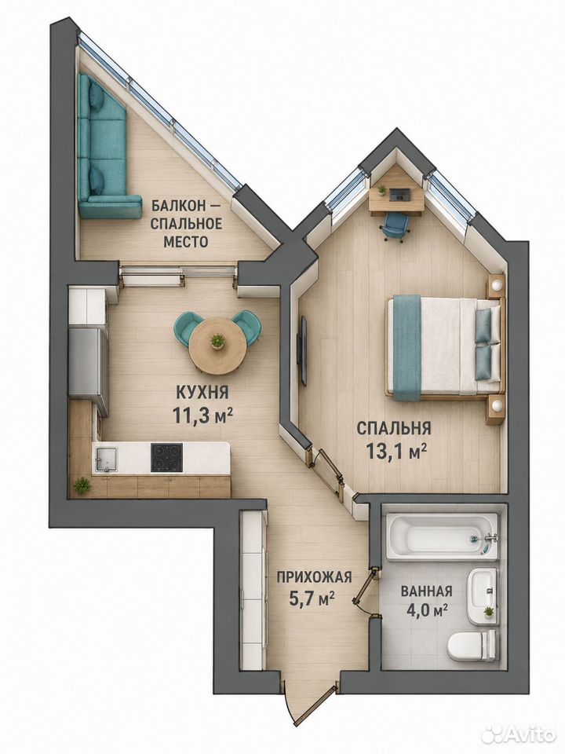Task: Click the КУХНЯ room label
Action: point(202,393)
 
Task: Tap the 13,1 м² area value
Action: point(397,451)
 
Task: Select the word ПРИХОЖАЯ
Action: point(314,576)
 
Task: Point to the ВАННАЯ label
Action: point(426,591)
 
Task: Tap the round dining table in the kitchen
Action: point(217,345)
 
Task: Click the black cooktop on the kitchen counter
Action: point(166,457)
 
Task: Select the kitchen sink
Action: point(106,459)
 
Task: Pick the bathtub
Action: point(442,536)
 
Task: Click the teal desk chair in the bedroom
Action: point(396,226)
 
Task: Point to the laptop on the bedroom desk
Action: point(399,195)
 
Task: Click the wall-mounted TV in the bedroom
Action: point(303,350)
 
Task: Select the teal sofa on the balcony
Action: point(104,146)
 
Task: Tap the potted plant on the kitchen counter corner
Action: point(82,485)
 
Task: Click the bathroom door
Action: point(365,587)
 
